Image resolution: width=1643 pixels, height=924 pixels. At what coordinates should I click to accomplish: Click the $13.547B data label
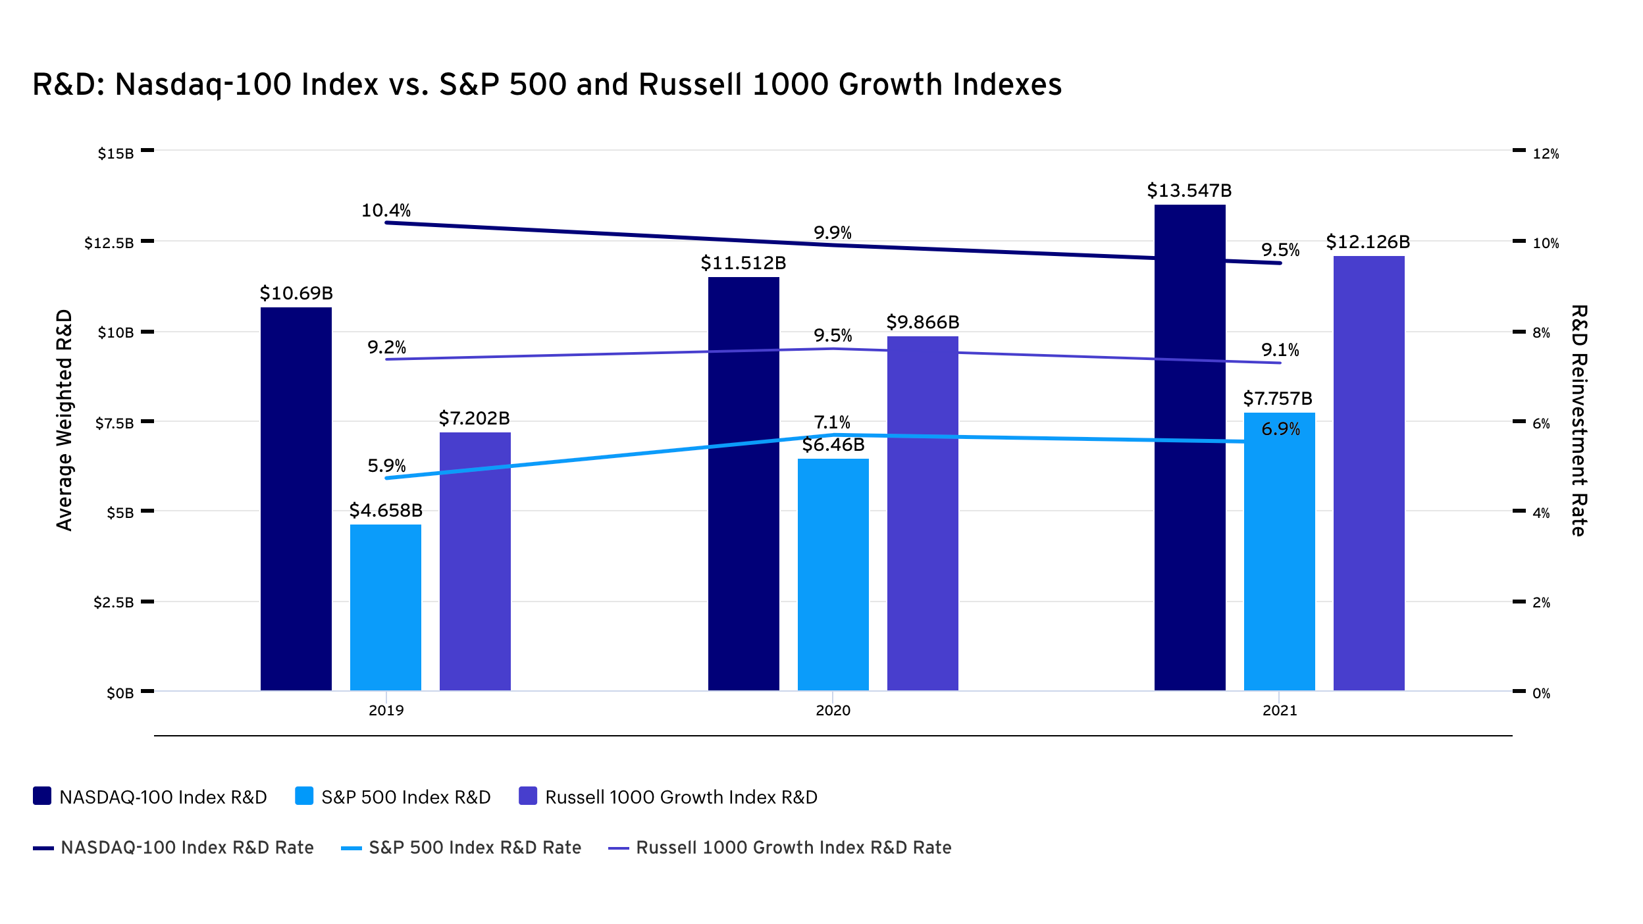(1189, 191)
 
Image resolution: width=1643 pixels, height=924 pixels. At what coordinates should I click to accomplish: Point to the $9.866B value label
(922, 322)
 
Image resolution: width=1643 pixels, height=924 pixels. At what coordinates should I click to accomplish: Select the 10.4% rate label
(386, 211)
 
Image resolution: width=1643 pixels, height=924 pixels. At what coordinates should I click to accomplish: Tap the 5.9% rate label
(386, 466)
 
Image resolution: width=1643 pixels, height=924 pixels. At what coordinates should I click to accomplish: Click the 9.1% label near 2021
(1280, 350)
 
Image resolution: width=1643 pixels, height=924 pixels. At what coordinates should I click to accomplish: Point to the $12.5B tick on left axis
(109, 243)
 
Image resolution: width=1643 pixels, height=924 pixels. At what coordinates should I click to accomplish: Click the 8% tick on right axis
(1542, 333)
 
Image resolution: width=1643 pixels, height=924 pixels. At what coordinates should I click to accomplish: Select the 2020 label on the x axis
(833, 710)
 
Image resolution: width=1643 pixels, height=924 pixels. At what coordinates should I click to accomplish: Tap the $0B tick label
(120, 693)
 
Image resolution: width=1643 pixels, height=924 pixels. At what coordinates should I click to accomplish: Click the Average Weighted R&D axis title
(64, 420)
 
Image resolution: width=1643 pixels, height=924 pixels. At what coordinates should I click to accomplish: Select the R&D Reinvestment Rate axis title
(1579, 420)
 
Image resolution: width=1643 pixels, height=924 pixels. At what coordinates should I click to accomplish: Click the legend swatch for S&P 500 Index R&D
(304, 796)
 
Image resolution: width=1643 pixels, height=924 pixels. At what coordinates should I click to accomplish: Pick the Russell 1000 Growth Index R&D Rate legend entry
(780, 848)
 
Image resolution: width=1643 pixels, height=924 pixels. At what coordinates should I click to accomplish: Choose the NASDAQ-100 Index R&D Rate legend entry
(174, 848)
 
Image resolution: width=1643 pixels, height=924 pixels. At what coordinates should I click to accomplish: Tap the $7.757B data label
(1277, 399)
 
